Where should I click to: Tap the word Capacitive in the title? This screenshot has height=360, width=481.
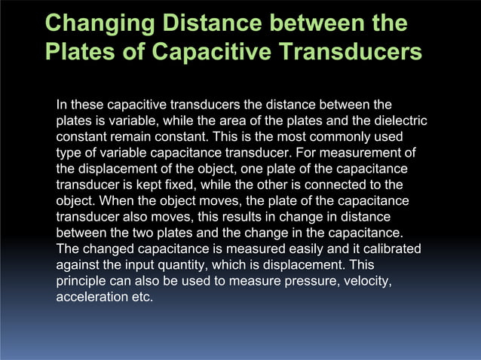227,53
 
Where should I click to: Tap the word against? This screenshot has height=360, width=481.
81,266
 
